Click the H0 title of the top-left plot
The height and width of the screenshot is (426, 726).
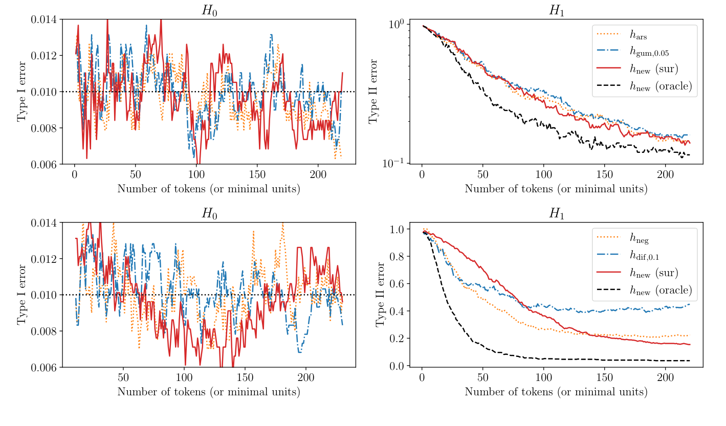(x=209, y=11)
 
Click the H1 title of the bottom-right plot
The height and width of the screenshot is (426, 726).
(x=556, y=214)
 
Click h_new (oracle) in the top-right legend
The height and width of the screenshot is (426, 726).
(x=661, y=86)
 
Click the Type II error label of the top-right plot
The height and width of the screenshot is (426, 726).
(x=374, y=92)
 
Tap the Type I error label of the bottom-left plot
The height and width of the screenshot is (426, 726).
(x=22, y=295)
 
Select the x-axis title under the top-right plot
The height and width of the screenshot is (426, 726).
(x=556, y=189)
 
